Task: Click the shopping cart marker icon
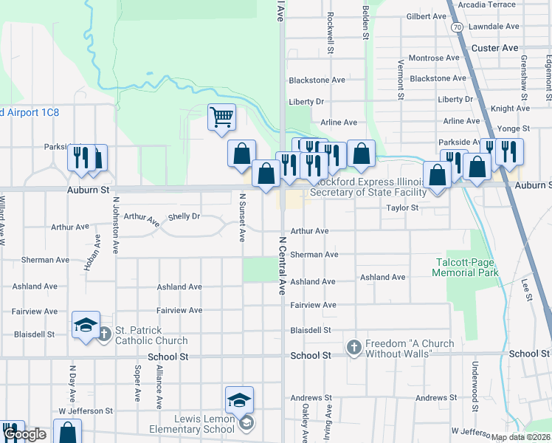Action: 221,117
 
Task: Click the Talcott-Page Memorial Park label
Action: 466,267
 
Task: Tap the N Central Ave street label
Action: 281,266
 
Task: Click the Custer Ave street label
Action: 494,48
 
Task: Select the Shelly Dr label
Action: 184,216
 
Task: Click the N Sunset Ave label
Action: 242,218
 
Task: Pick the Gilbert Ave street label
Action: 426,16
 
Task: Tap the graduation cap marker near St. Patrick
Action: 86,324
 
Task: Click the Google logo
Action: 25,435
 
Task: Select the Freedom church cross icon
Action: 353,347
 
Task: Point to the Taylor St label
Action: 403,208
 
